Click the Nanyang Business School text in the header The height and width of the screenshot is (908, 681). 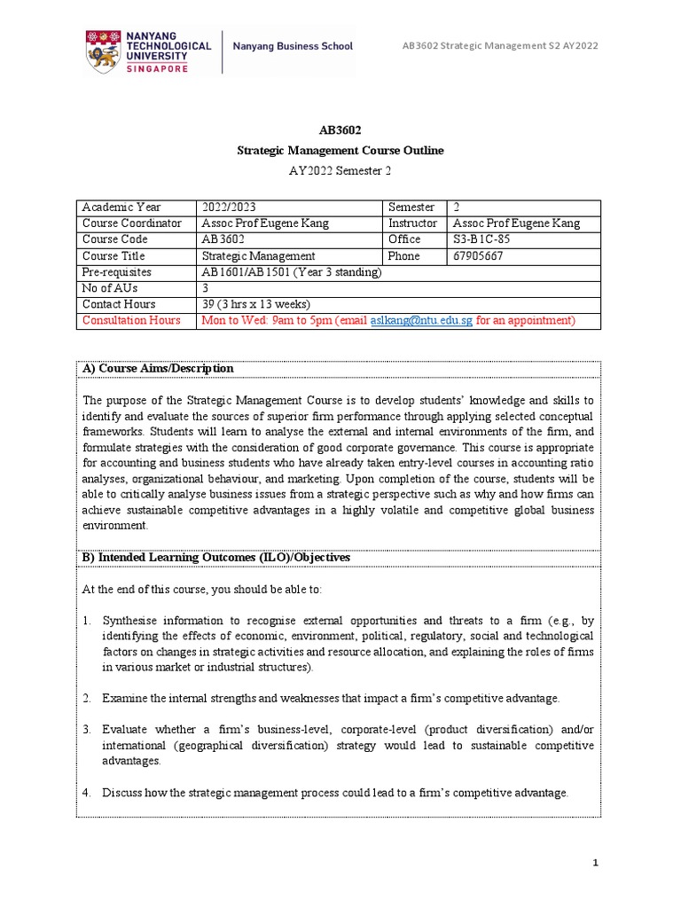pyautogui.click(x=293, y=46)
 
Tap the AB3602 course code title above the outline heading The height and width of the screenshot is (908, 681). pyautogui.click(x=340, y=129)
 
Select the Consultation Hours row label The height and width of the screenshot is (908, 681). pyautogui.click(x=130, y=320)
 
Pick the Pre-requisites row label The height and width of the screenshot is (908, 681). pyautogui.click(x=116, y=272)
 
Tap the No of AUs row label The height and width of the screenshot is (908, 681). pyautogui.click(x=109, y=288)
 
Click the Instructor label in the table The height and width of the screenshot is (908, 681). pyautogui.click(x=412, y=223)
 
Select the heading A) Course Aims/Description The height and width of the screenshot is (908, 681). pyautogui.click(x=158, y=368)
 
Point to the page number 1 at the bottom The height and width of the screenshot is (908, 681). pyautogui.click(x=596, y=862)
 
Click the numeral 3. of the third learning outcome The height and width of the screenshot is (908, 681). pyautogui.click(x=87, y=729)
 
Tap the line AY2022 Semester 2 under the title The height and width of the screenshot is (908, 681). pyautogui.click(x=340, y=172)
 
